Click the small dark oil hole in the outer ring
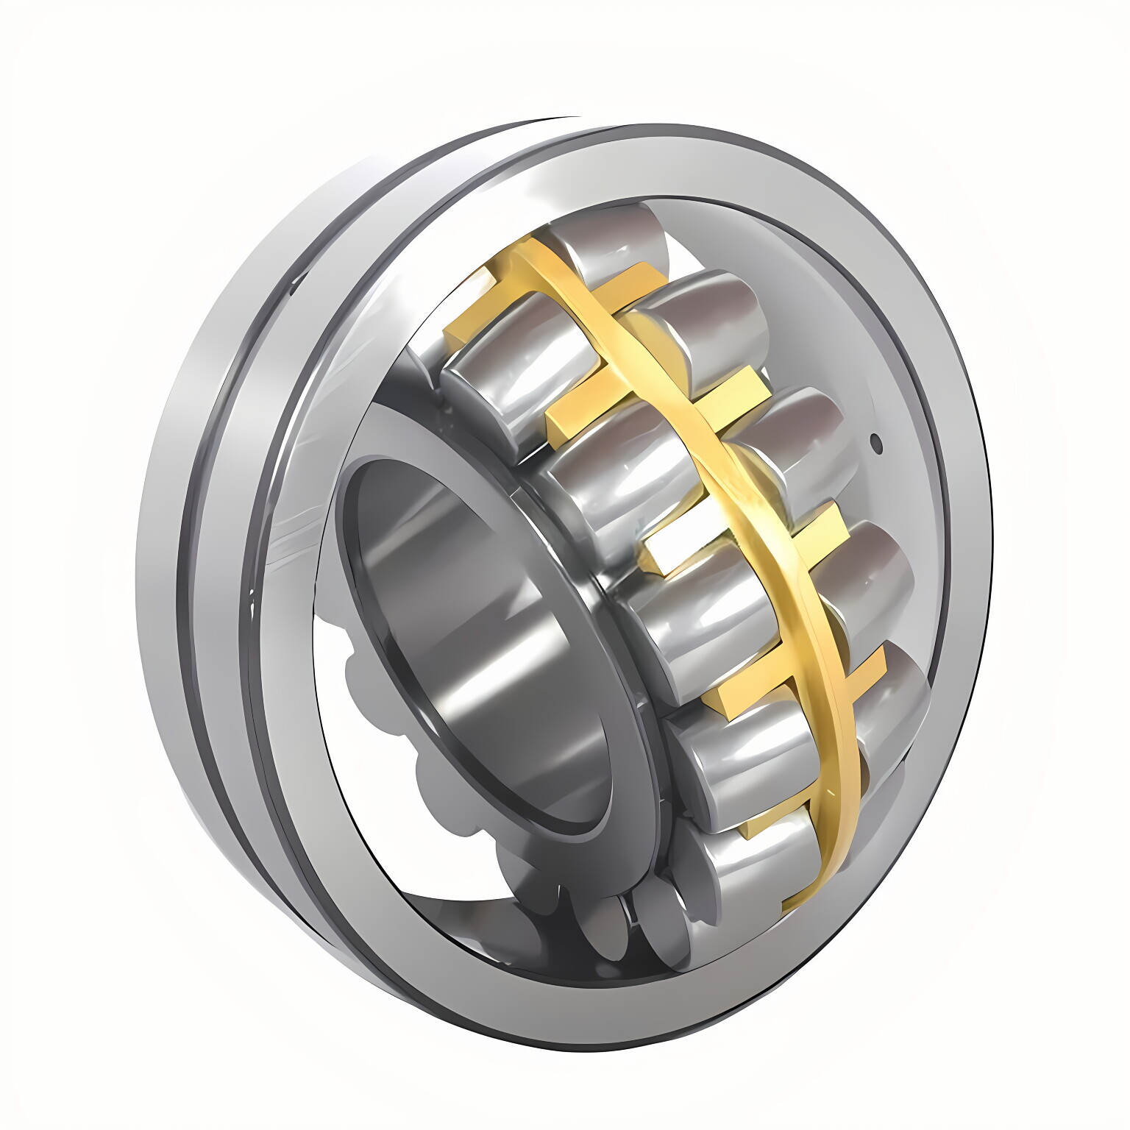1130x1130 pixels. pos(875,442)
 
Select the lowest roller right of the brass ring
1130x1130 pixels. pos(894,706)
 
